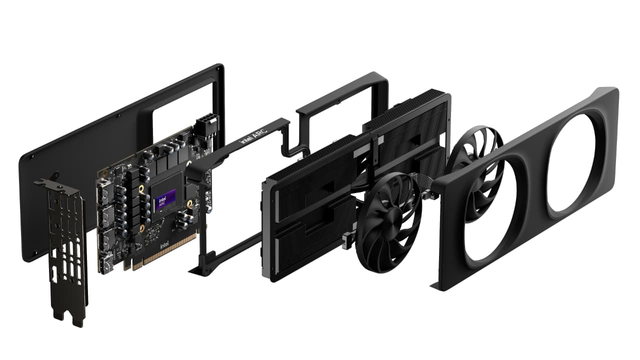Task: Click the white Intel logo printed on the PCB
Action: (164, 247)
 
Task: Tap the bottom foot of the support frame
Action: (197, 272)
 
